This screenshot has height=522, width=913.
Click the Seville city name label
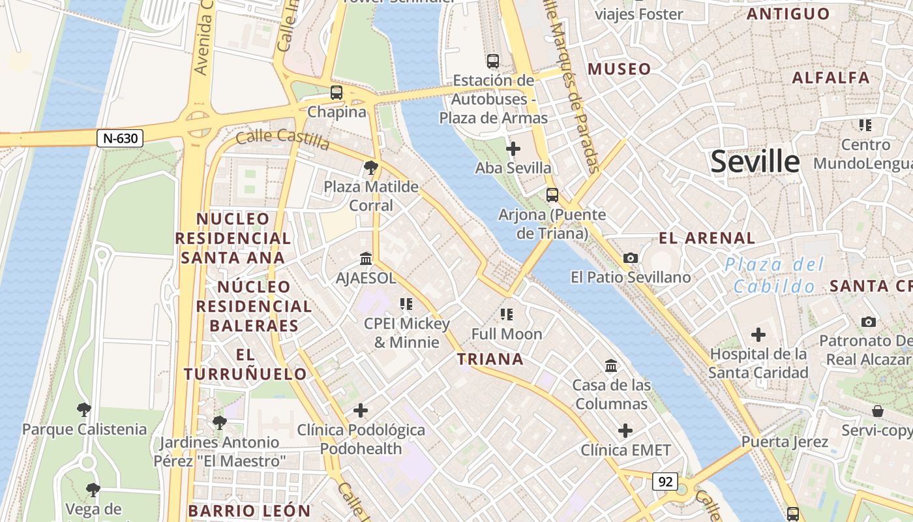pos(755,161)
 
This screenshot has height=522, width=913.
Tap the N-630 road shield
pos(120,138)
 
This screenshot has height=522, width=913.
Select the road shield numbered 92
pos(665,482)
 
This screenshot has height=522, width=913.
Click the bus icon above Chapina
pos(337,93)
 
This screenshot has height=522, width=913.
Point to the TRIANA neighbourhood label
pos(490,359)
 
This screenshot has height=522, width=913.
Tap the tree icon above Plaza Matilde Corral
pos(371,168)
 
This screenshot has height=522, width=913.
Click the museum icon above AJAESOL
pos(366,259)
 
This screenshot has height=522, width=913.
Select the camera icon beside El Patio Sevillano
pos(630,258)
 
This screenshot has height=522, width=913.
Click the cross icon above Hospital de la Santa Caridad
pos(758,335)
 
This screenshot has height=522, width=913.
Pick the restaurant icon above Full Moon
pos(507,315)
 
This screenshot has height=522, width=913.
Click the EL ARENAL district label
pos(707,238)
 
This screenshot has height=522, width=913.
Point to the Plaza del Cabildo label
pos(774,275)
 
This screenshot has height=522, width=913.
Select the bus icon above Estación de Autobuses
pos(493,61)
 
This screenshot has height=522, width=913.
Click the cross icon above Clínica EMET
pos(625,431)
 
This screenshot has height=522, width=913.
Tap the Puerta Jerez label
pos(785,442)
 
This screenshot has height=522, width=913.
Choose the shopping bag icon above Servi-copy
pos(878,411)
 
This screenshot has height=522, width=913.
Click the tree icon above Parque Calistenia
pos(84,410)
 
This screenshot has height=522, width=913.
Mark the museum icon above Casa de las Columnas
pos(611,365)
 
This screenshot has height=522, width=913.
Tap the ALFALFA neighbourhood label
pos(830,78)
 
